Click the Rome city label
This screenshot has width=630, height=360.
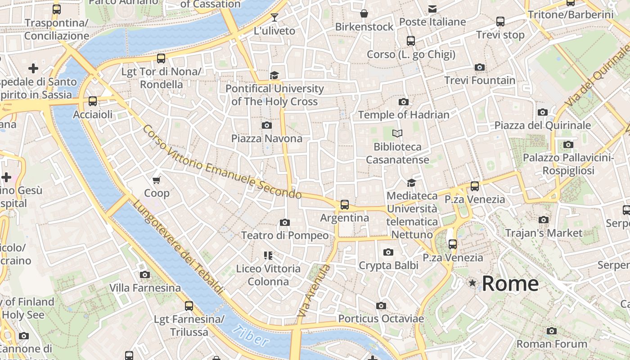tap(510, 283)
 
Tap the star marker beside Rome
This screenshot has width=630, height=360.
tap(472, 283)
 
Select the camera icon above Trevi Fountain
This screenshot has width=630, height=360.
tap(480, 67)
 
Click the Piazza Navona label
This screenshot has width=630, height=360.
tap(267, 138)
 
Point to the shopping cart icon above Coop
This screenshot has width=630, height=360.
tap(157, 180)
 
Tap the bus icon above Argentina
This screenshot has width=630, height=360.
tap(345, 205)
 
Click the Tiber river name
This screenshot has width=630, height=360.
tap(251, 336)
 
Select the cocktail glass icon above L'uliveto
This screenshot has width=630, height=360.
tap(274, 18)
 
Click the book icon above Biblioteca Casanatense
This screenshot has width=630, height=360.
tap(397, 133)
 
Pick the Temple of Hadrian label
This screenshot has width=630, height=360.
tap(404, 115)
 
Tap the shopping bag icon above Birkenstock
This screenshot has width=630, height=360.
tap(364, 13)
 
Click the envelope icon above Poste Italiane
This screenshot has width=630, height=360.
tap(432, 9)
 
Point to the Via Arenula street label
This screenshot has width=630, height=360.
tap(314, 291)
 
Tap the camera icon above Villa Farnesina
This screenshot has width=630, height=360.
tap(145, 274)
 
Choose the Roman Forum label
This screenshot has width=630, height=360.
tap(552, 344)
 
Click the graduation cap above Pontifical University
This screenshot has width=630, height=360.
tap(274, 75)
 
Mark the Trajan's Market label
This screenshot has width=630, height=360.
tap(544, 233)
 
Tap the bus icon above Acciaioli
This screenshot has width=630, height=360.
tap(93, 101)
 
